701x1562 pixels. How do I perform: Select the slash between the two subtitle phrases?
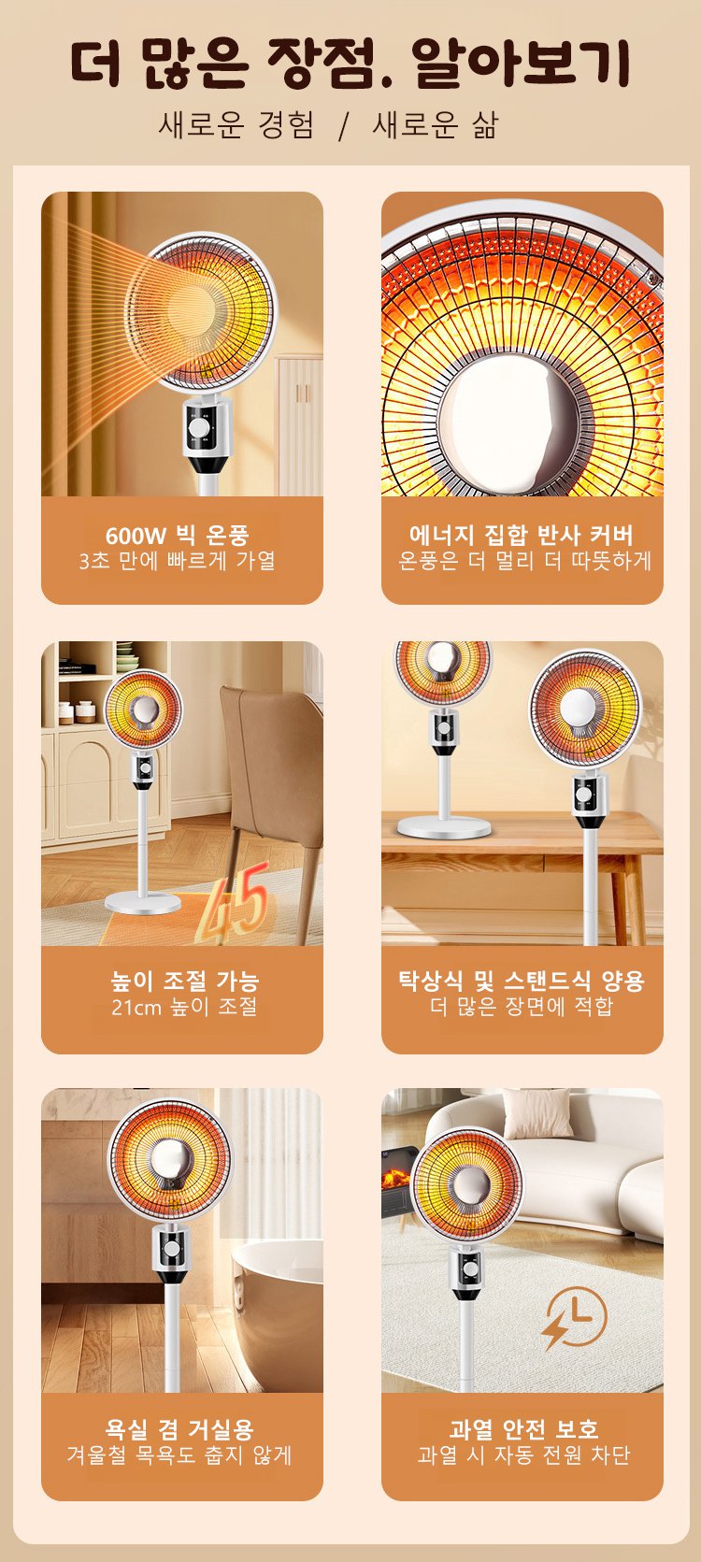[343, 126]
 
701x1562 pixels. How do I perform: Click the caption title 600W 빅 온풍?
[178, 536]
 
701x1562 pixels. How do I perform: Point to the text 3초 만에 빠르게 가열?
[178, 561]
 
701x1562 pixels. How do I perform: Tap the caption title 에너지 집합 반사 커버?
[522, 536]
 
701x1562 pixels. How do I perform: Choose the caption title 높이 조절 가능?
[185, 982]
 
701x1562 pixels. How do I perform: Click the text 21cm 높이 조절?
[185, 1007]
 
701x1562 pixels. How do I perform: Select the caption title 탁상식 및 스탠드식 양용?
[522, 982]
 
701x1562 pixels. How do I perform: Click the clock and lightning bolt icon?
[574, 1317]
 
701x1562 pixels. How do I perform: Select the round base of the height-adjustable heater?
[142, 904]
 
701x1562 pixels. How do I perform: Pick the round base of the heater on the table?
[444, 828]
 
